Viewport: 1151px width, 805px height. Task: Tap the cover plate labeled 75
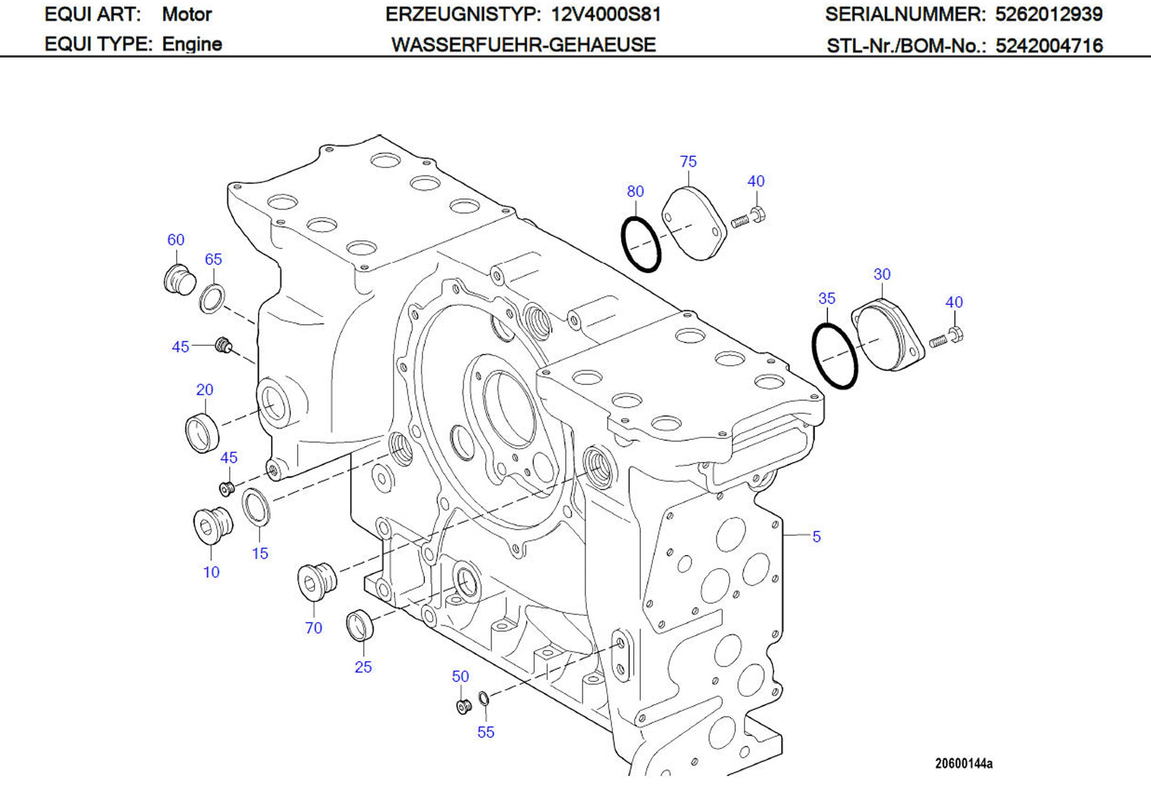694,224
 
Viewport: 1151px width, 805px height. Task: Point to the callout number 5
816,537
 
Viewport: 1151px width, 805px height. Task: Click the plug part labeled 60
179,280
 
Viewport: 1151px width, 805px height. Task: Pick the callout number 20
205,389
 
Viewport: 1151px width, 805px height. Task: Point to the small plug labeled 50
463,706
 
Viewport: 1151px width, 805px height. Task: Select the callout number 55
485,732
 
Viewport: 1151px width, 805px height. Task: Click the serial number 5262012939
1049,14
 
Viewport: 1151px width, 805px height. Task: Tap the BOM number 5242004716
1049,46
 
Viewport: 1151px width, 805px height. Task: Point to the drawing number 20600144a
963,764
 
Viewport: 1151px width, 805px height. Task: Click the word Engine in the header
192,44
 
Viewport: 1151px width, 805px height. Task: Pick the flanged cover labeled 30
887,335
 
